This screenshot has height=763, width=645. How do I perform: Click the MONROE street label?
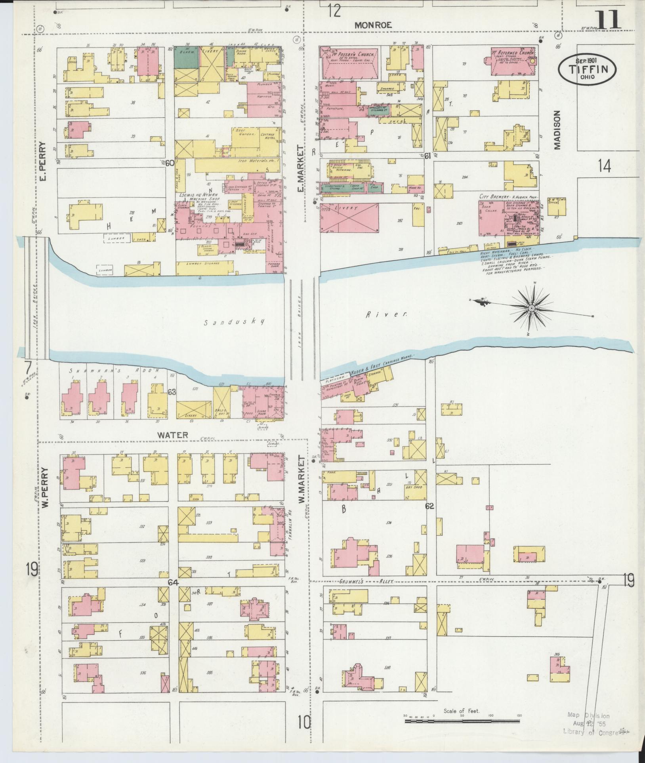click(373, 25)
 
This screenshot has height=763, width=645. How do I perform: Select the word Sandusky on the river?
click(233, 322)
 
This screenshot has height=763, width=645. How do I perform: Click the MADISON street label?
click(557, 129)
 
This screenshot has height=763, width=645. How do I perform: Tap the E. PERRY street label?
click(43, 162)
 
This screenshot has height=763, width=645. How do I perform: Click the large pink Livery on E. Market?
click(349, 217)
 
